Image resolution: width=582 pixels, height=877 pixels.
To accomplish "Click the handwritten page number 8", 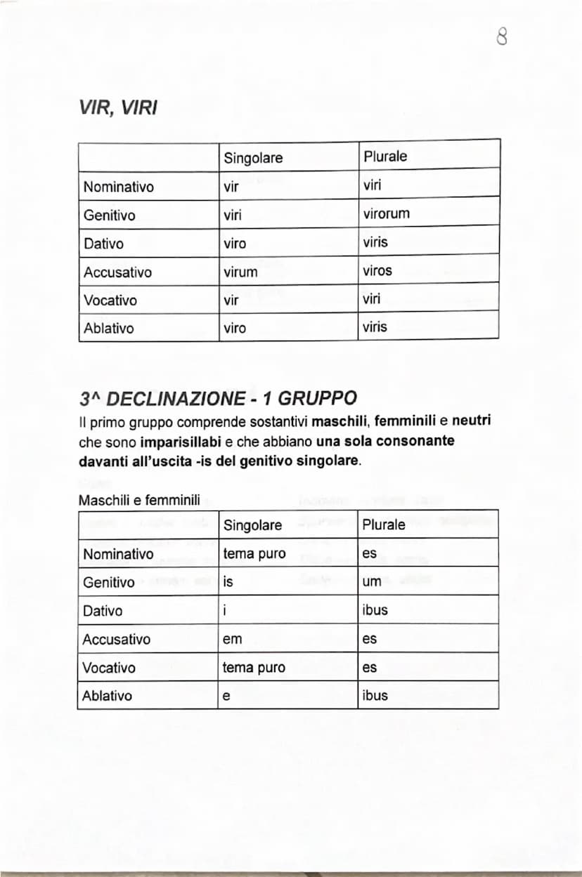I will coord(502,37).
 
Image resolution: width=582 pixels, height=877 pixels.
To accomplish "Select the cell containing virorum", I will coord(386,214).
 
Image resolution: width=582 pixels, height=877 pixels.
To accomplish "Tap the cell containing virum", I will coord(240,272).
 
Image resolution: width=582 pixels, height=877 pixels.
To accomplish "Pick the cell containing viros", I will coord(377,270).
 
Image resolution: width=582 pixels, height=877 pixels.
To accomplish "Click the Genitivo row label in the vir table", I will coord(109,216).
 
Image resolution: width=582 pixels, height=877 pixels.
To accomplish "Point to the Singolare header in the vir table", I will coord(253,158).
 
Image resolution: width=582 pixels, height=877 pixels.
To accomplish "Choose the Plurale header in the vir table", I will coord(385,157).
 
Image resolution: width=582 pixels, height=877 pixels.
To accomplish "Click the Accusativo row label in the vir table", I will coord(117,272).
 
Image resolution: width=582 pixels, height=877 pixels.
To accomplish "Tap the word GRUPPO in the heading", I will coord(318,399).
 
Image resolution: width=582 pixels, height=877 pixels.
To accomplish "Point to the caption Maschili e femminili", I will coord(139,501).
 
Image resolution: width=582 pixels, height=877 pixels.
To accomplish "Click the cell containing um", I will coord(371,582).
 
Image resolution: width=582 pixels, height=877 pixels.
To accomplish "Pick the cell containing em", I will coord(231,640).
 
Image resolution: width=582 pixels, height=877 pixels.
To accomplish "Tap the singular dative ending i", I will coord(225,611).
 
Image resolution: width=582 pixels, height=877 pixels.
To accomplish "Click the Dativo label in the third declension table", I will coord(103,611).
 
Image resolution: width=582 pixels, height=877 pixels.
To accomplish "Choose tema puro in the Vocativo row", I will coord(254,668).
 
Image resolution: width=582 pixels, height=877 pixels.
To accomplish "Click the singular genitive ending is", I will coord(228,582).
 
